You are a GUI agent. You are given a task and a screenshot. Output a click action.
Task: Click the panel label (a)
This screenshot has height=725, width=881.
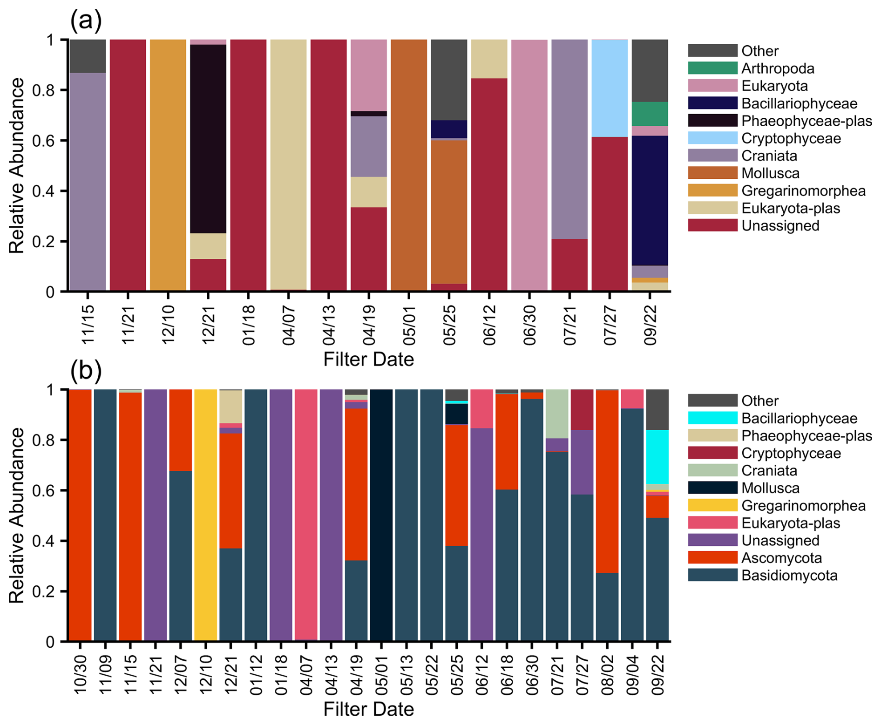[x=85, y=20]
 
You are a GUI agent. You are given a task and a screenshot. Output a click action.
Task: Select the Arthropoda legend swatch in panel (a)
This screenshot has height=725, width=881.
[x=712, y=68]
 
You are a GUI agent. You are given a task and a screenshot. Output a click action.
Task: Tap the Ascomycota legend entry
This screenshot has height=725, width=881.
[x=775, y=558]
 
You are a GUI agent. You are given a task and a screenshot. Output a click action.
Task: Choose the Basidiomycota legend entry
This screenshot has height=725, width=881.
[x=789, y=576]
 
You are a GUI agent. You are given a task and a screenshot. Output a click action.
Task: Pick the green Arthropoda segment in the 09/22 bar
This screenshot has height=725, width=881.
[x=650, y=114]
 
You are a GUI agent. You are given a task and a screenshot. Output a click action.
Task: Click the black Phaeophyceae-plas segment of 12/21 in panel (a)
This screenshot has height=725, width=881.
[x=208, y=139]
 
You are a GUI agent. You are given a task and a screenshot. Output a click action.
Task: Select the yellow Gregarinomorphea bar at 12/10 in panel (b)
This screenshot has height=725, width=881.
[x=206, y=515]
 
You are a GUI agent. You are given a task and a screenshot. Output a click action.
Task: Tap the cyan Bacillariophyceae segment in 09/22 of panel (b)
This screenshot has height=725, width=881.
[x=657, y=457]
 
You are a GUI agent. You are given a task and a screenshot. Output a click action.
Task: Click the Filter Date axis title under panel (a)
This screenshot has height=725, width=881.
[x=368, y=359]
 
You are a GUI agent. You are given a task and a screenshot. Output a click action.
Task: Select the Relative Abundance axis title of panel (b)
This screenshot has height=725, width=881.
[x=17, y=515]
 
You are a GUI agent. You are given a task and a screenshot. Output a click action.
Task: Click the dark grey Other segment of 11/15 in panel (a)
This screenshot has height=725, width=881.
[x=88, y=56]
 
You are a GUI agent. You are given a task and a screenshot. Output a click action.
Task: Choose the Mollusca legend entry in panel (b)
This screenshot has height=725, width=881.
[x=770, y=488]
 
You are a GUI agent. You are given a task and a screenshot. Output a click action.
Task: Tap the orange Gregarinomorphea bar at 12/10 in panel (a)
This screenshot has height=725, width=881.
[x=168, y=165]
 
